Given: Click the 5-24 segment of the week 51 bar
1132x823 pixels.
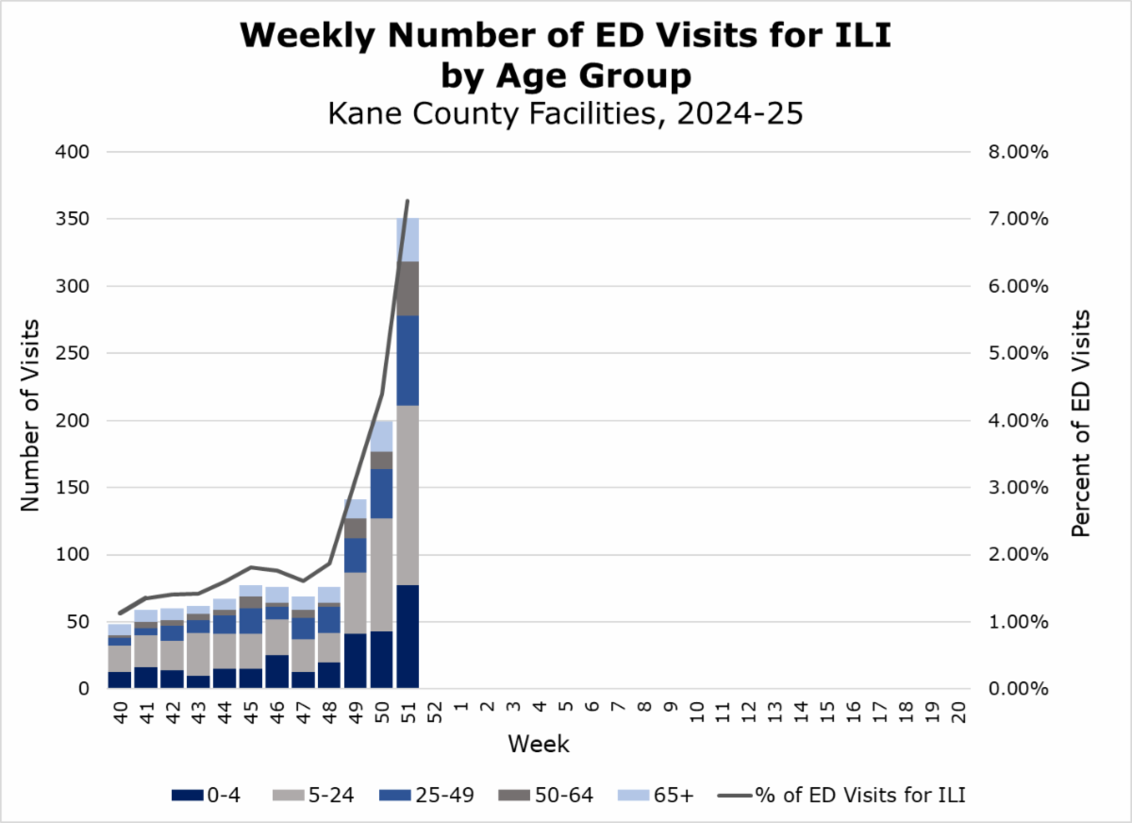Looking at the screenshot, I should [408, 495].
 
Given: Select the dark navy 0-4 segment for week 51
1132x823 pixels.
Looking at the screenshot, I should [408, 636].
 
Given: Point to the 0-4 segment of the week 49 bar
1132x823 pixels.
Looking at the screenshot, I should [355, 661].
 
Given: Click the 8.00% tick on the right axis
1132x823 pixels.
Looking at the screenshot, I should [1020, 152].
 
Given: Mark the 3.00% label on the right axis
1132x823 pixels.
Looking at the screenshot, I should [1020, 488].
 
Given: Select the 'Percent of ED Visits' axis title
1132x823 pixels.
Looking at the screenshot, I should [1082, 422].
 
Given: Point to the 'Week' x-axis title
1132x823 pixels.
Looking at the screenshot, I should [538, 744].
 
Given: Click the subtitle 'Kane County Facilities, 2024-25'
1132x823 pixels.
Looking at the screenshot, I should [565, 113].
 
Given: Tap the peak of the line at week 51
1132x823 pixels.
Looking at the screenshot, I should [408, 201].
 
